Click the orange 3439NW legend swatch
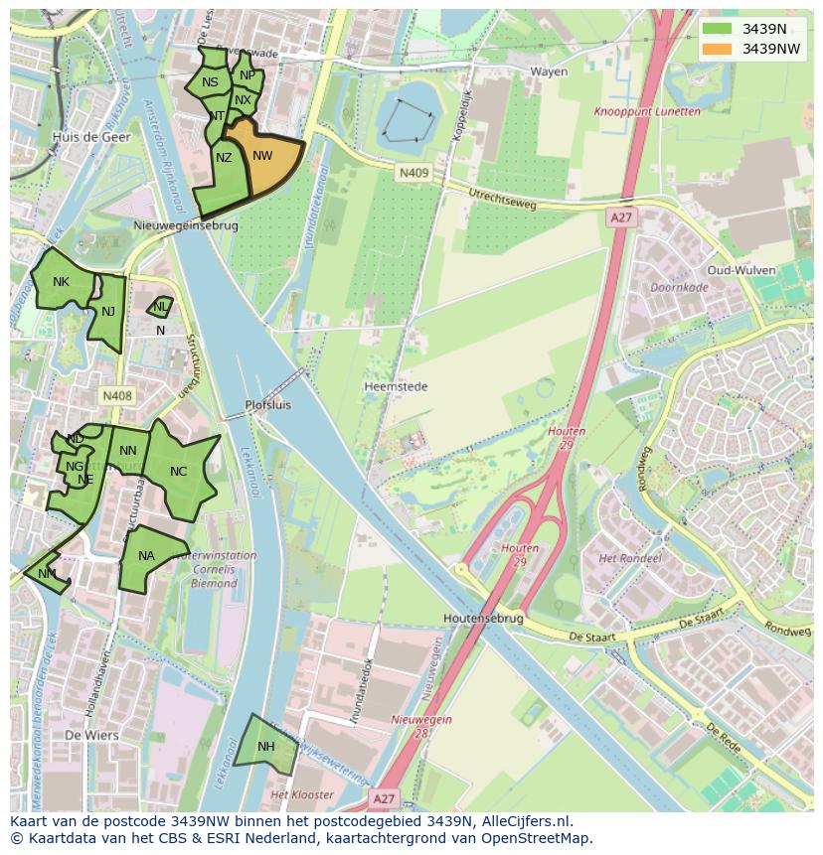716,49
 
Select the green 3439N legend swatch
716,29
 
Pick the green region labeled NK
62,283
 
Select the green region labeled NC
179,473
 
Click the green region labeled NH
265,747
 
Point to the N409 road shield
413,173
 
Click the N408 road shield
116,395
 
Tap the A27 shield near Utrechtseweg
621,217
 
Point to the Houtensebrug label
483,618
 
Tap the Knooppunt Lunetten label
647,112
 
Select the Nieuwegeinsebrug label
186,225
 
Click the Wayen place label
548,71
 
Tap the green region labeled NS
209,83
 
